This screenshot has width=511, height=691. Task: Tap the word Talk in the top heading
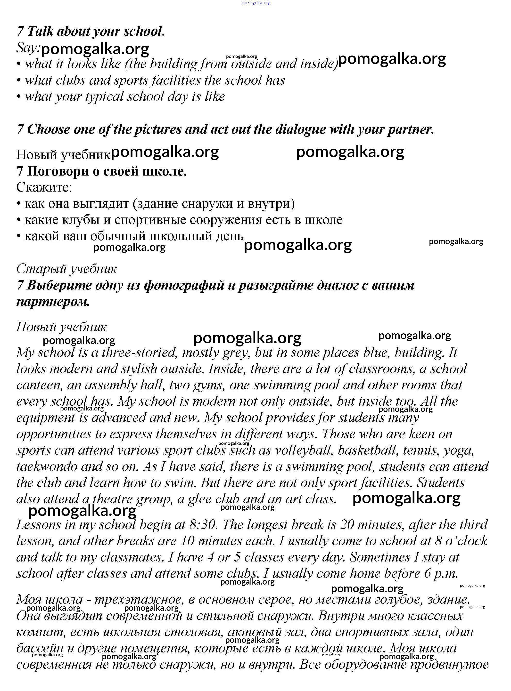[40, 32]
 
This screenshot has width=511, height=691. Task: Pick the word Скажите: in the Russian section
[44, 187]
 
